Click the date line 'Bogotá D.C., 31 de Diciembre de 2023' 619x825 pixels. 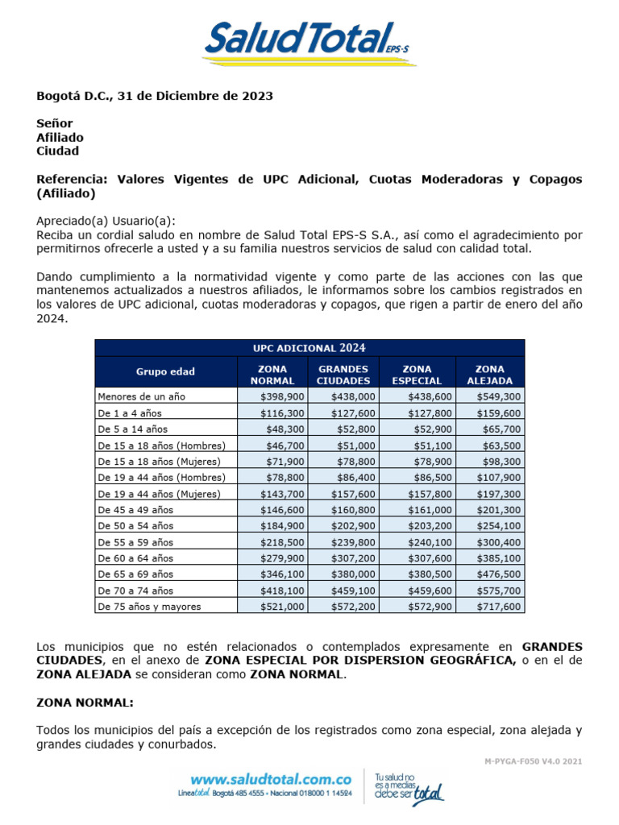click(155, 96)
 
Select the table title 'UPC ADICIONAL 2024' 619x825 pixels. click(309, 348)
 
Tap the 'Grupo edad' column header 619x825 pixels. click(165, 371)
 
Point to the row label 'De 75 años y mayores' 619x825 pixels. click(149, 606)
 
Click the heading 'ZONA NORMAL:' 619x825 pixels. click(85, 703)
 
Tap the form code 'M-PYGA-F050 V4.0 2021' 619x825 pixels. click(533, 761)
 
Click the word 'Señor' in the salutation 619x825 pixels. click(55, 123)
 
